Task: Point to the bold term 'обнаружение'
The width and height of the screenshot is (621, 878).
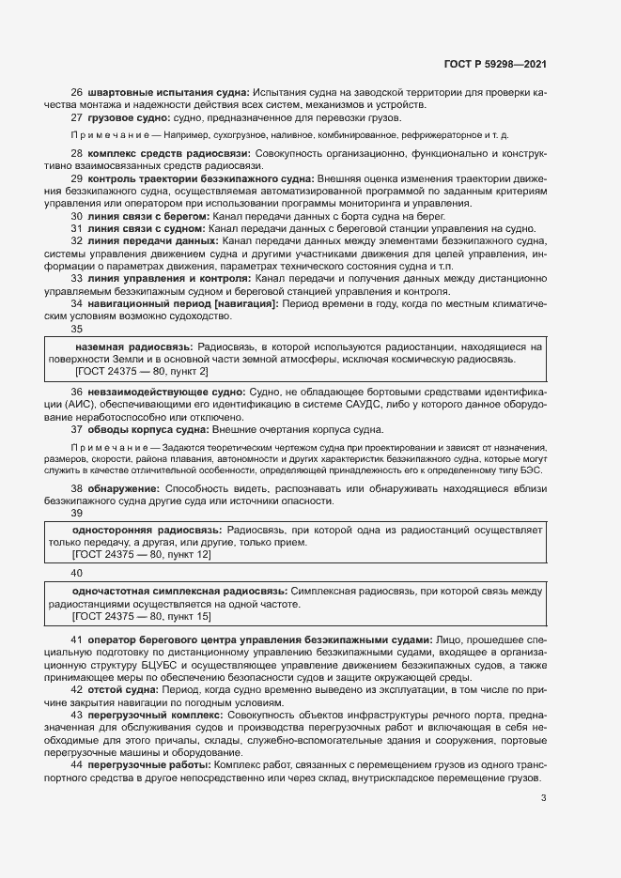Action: point(123,489)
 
